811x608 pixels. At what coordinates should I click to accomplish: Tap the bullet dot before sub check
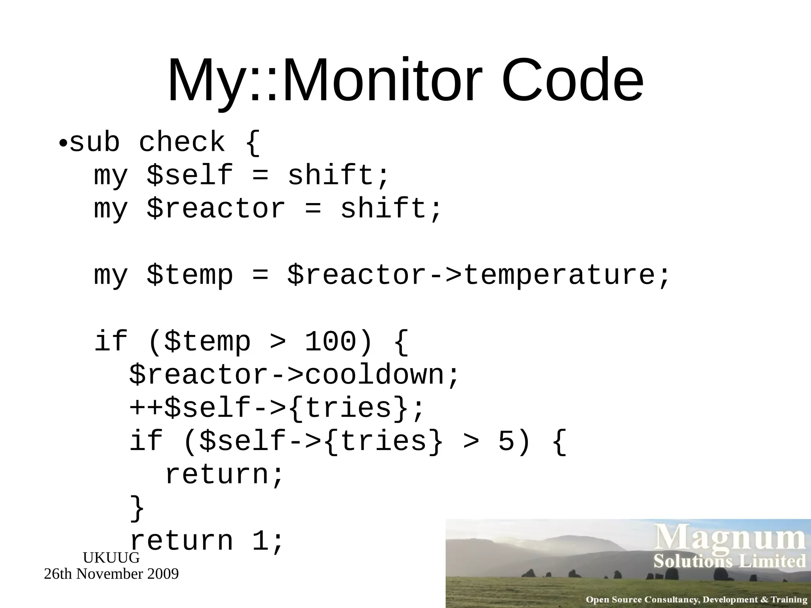click(63, 142)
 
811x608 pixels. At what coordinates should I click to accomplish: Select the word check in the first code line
click(182, 142)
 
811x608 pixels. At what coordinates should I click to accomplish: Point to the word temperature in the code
click(558, 275)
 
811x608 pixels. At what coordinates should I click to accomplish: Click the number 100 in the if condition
click(330, 341)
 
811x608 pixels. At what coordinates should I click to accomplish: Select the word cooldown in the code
click(375, 374)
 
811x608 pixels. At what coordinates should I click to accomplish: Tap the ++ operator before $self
click(146, 408)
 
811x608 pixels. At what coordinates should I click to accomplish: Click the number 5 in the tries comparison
click(506, 441)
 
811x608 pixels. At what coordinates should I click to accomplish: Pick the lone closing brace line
click(137, 508)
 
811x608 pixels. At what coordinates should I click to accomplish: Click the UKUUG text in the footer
click(111, 558)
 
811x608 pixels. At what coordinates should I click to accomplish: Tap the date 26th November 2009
click(111, 574)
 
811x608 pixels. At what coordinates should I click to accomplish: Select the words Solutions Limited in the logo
click(730, 561)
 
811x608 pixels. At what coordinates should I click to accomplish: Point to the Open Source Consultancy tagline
click(696, 599)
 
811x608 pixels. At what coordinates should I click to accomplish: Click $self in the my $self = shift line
click(189, 175)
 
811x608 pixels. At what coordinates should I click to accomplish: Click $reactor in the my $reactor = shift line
click(216, 209)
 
